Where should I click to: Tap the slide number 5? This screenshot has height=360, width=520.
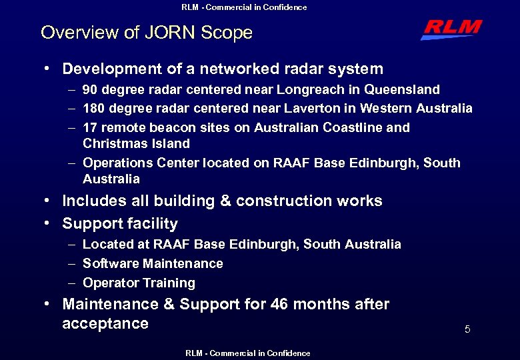467,329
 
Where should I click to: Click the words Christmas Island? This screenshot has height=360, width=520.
136,143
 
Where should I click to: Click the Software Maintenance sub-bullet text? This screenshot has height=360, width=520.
153,263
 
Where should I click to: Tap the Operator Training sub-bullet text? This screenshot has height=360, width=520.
139,283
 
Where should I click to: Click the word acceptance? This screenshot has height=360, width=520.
105,324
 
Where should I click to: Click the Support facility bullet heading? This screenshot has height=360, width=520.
120,224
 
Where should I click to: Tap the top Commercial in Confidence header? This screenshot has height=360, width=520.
244,7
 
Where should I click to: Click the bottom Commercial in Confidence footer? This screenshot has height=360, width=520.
247,353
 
